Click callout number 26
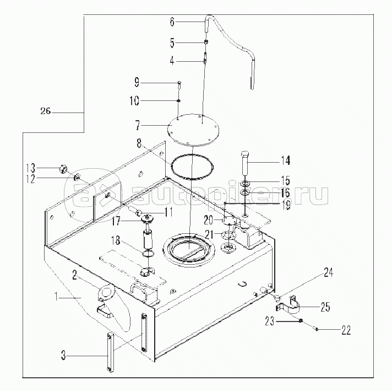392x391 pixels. [x=46, y=111]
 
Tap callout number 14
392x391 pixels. [x=285, y=160]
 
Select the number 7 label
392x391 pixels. [x=137, y=125]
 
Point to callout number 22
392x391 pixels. [x=346, y=330]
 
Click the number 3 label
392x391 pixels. [x=64, y=355]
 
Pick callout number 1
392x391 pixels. [x=57, y=297]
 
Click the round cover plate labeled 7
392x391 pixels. [x=193, y=128]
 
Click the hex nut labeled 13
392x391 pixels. [x=63, y=169]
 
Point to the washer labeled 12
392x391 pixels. [x=77, y=177]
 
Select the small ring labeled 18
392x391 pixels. [x=148, y=254]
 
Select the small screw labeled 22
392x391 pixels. [x=317, y=329]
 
